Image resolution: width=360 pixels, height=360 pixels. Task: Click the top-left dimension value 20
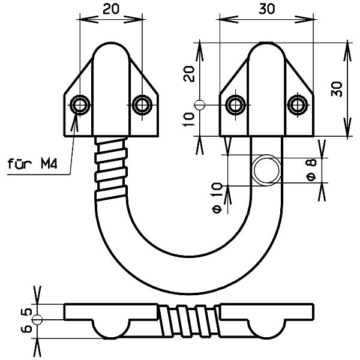pos(111,9)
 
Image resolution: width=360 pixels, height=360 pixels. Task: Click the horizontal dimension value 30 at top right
pos(267,9)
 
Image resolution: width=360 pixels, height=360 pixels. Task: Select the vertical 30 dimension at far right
pos(337,89)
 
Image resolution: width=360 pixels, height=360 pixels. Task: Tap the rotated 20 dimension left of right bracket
pos(189,74)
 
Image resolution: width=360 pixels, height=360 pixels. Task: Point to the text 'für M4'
pos(32,164)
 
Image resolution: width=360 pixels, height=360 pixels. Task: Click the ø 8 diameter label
pos(311,170)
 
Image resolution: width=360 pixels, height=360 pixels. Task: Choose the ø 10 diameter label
pos(217,197)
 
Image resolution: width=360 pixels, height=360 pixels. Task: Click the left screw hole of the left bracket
pos(80,105)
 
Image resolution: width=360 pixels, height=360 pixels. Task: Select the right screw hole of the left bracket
pos(142,105)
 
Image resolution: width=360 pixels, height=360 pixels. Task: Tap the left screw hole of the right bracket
pos(236,105)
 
